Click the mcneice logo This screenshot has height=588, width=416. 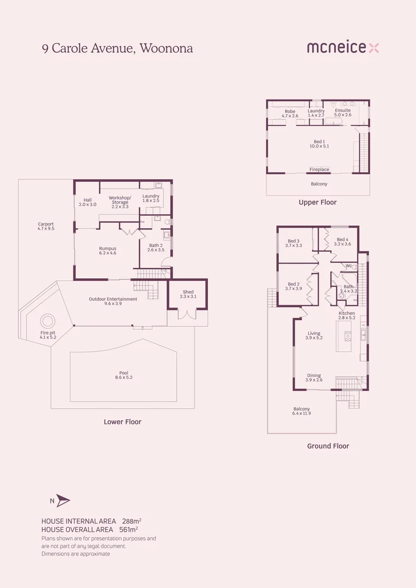[342, 48]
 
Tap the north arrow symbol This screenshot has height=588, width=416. [63, 501]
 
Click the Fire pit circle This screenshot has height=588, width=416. [47, 321]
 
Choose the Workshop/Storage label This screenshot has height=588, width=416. [120, 200]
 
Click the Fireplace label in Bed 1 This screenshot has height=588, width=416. [319, 169]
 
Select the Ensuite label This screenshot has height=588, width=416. [342, 111]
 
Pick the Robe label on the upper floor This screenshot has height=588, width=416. [290, 112]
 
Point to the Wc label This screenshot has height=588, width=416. [348, 266]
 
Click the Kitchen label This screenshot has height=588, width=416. [347, 314]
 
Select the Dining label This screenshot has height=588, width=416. [314, 376]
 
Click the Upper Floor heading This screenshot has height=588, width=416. [317, 203]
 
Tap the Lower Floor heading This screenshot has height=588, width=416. [123, 422]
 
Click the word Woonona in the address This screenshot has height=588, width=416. [166, 48]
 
